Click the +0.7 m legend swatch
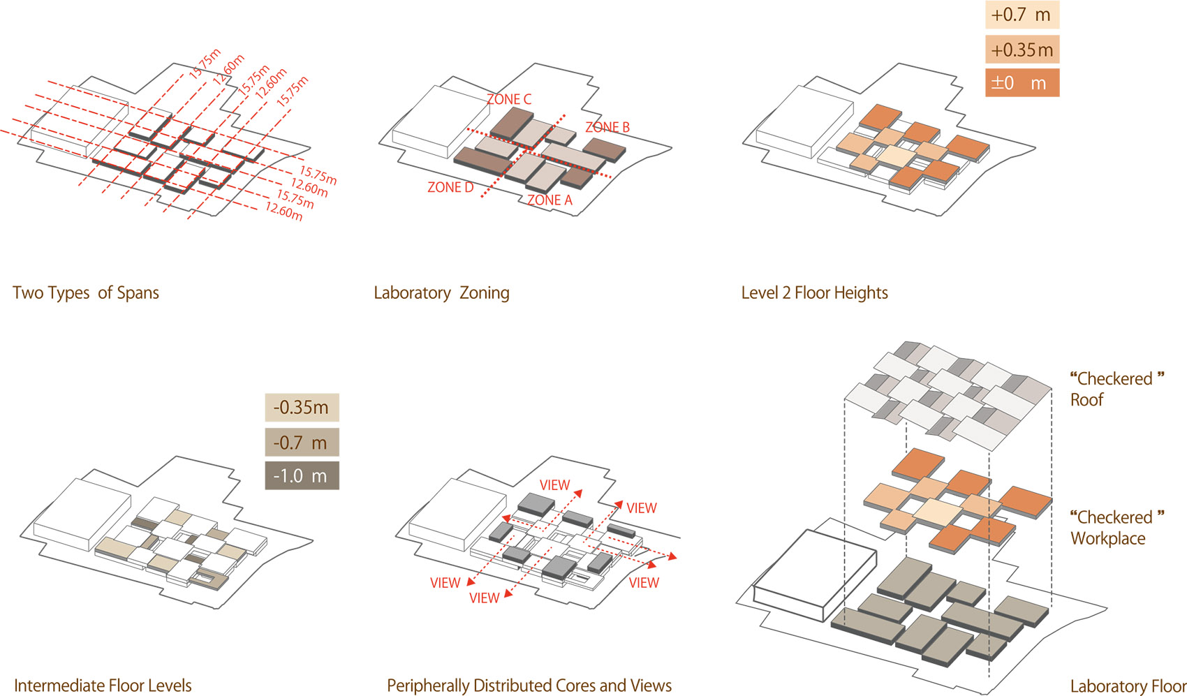click(1022, 15)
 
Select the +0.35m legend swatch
click(1022, 50)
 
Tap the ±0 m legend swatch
click(1022, 82)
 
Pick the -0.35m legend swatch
click(302, 407)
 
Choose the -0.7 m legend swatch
click(302, 442)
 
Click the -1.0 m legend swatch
click(302, 475)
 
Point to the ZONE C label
click(509, 99)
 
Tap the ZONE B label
click(607, 127)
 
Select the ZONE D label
click(450, 187)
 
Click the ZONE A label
click(550, 200)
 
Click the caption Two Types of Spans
click(86, 293)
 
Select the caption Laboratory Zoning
click(441, 293)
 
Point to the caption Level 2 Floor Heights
click(815, 293)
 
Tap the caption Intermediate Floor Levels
click(103, 686)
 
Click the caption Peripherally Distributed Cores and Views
click(529, 686)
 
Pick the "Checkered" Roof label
click(1117, 389)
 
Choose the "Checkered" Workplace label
click(1117, 528)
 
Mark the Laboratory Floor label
click(1128, 686)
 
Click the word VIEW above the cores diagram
click(555, 485)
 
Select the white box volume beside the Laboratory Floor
click(815, 575)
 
